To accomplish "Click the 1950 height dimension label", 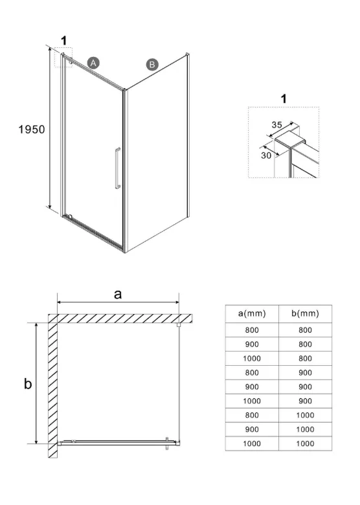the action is click(32, 129).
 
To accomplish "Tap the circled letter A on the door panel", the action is click(93, 63).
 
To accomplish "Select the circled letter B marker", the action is click(152, 64).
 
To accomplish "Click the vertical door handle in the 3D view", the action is click(118, 168).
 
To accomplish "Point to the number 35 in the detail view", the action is click(276, 125).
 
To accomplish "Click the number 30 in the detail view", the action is click(266, 155).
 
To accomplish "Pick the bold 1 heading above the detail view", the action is click(284, 98).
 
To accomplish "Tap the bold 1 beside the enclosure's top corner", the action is click(64, 41).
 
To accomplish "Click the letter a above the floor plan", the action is click(118, 294).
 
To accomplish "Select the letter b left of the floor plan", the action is click(28, 383).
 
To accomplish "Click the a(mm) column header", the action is click(252, 313).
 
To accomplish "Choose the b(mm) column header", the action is click(305, 313).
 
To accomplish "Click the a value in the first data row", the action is click(252, 330).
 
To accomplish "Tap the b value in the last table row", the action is click(305, 443).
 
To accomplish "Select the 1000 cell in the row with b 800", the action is click(252, 359).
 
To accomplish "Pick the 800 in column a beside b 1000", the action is click(252, 415).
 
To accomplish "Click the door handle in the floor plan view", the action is click(167, 443).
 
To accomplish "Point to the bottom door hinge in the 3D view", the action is click(70, 216).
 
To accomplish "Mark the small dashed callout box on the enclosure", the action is click(63, 58).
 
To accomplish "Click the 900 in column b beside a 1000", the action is click(305, 401).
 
